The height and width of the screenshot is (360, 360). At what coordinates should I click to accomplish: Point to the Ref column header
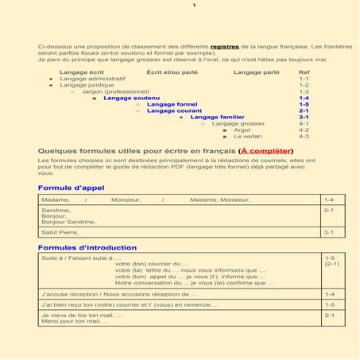pyautogui.click(x=304, y=72)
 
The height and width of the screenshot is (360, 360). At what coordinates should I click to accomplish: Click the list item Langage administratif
pyautogui.click(x=92, y=79)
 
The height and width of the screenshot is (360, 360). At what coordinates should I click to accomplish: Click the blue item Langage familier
pyautogui.click(x=217, y=117)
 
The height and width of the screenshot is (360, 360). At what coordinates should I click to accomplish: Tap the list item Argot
pyautogui.click(x=242, y=130)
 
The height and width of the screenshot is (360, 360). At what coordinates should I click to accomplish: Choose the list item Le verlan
pyautogui.click(x=247, y=136)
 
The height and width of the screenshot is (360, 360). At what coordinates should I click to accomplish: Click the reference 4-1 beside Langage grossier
pyautogui.click(x=304, y=123)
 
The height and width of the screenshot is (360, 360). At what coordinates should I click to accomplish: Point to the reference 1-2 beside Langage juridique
pyautogui.click(x=304, y=85)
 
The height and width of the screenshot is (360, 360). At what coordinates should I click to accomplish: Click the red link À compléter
pyautogui.click(x=266, y=150)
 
